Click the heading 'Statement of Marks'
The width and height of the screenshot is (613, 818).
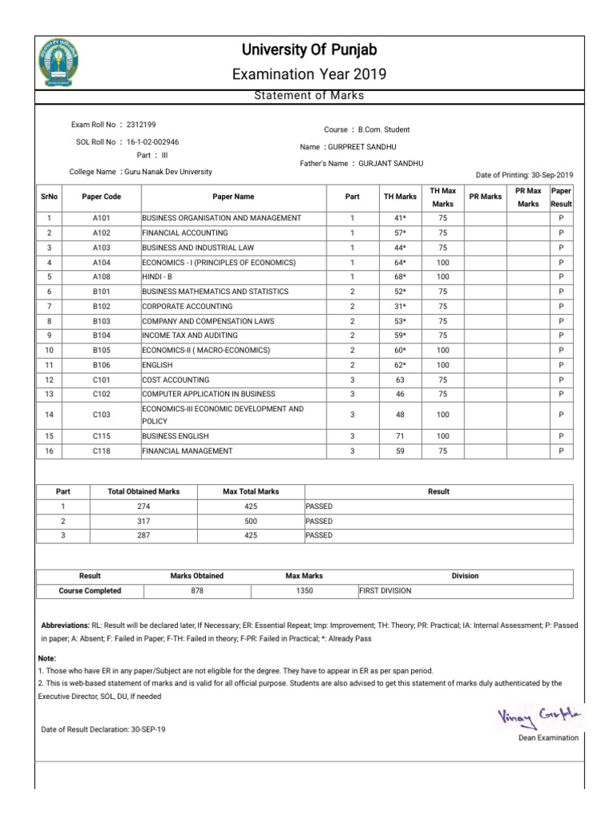click(x=308, y=96)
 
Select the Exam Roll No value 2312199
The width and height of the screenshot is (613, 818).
click(x=141, y=125)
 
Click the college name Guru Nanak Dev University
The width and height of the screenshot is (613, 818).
click(x=168, y=172)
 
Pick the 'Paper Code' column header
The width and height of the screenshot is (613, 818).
click(x=101, y=197)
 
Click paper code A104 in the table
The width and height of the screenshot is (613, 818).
click(x=101, y=262)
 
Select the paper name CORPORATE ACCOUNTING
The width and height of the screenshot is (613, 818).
click(x=188, y=306)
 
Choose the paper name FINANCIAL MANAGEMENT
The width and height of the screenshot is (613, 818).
click(x=188, y=451)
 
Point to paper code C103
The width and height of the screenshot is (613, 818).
click(x=101, y=415)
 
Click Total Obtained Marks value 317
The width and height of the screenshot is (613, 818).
click(x=144, y=521)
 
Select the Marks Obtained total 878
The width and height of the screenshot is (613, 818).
click(x=197, y=591)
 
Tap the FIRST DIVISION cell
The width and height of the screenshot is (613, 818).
click(x=385, y=591)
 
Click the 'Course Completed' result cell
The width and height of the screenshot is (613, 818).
click(x=90, y=591)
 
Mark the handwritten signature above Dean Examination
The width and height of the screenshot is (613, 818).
click(x=538, y=716)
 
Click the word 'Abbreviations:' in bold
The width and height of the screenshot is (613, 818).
click(x=65, y=625)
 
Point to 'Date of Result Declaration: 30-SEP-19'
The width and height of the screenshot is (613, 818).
click(x=104, y=729)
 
